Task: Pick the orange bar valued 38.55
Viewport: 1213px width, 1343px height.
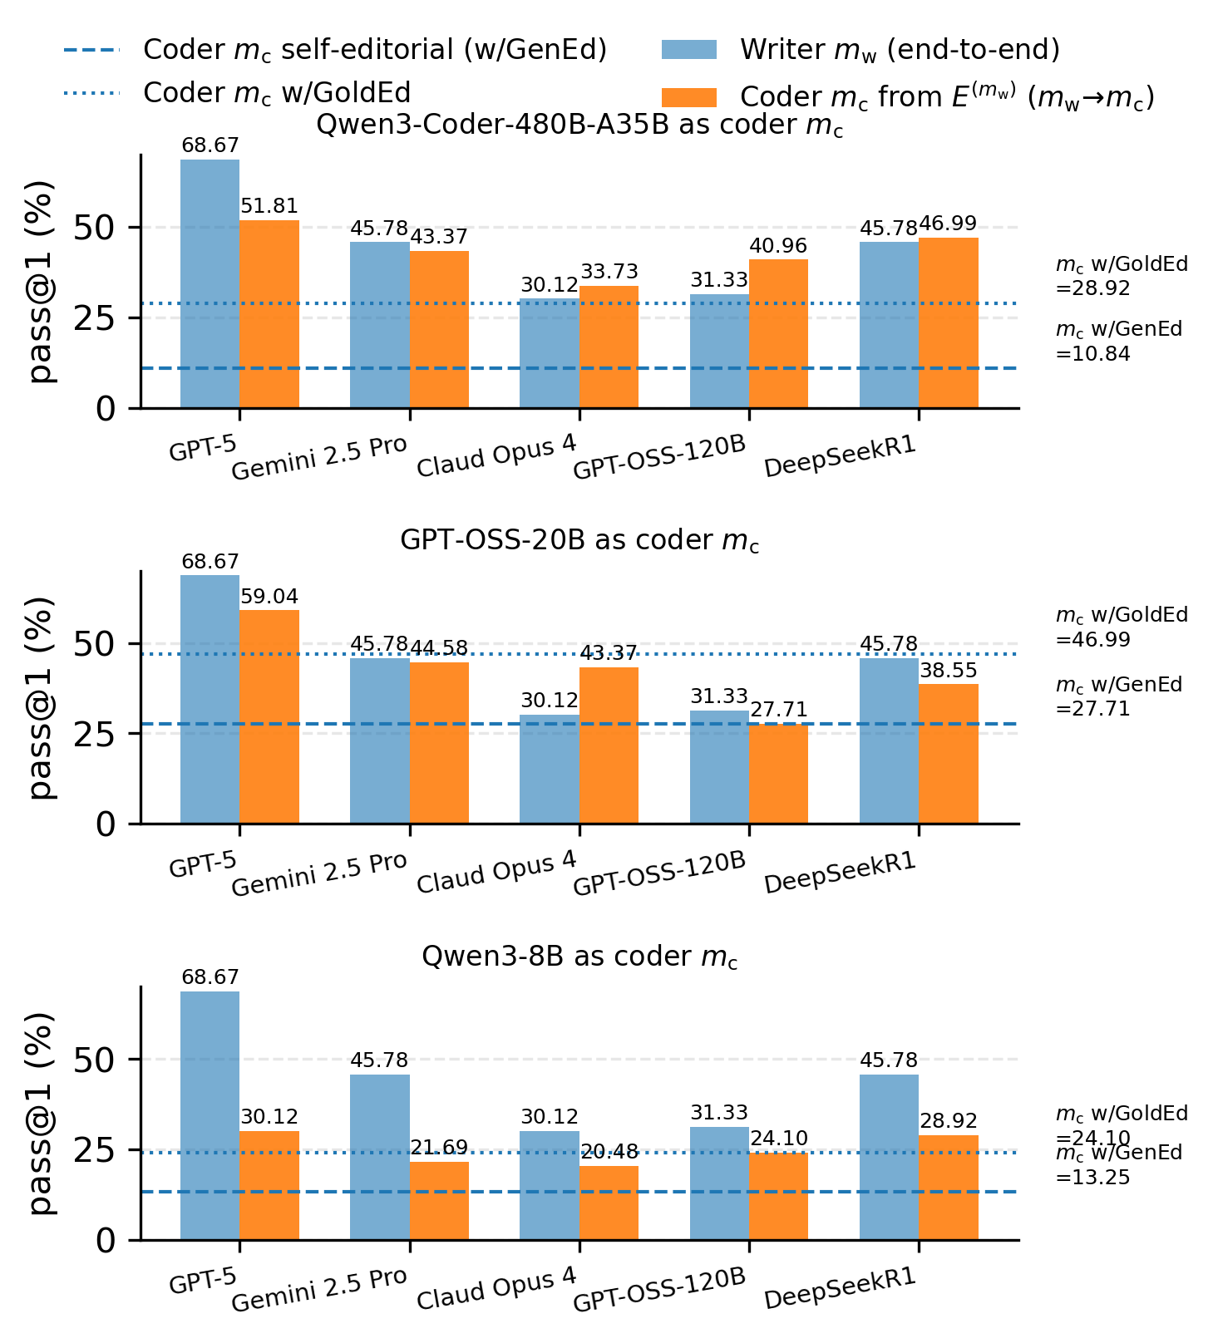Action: [x=949, y=754]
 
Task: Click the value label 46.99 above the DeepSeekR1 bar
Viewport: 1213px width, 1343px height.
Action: [x=948, y=224]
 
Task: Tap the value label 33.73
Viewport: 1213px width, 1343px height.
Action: [x=609, y=272]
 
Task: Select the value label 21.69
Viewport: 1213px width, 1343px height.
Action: [x=439, y=1148]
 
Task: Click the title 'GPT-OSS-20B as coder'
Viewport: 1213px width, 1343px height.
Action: [x=579, y=541]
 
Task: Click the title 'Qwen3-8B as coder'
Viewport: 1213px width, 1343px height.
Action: [x=579, y=957]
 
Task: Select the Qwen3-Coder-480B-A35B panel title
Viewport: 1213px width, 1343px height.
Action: [x=579, y=126]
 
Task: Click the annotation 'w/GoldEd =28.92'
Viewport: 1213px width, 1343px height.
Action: [x=1121, y=276]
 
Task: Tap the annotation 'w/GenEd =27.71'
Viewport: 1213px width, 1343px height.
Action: [x=1119, y=696]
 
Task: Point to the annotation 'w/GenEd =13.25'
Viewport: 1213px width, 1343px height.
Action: [x=1119, y=1165]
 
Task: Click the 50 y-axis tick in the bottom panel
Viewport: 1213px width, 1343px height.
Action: [x=95, y=1060]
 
